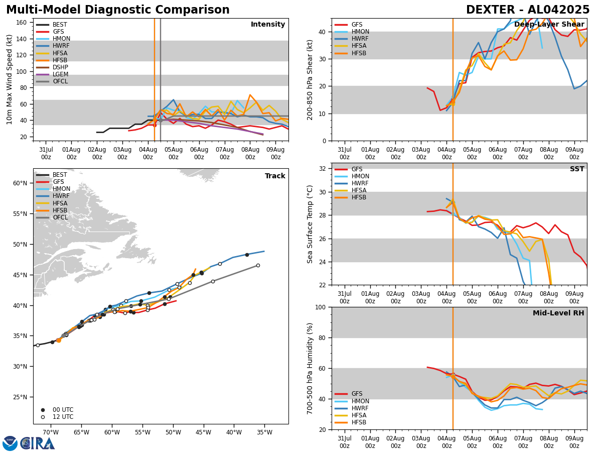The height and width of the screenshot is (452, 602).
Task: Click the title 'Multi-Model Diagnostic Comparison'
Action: (118, 10)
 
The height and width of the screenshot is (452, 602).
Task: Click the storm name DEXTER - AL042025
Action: (528, 10)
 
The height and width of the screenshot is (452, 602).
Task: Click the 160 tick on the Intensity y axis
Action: (22, 23)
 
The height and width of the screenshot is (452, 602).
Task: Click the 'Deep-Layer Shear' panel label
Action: (549, 25)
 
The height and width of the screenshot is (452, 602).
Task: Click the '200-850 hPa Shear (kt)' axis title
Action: (311, 79)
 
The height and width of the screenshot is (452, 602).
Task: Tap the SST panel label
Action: (577, 169)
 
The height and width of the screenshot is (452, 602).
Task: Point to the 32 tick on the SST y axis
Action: (323, 169)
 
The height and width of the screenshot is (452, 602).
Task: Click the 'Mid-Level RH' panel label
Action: (558, 313)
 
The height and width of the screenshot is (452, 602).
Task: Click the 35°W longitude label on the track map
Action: (264, 433)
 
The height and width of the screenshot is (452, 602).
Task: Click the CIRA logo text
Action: (38, 443)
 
